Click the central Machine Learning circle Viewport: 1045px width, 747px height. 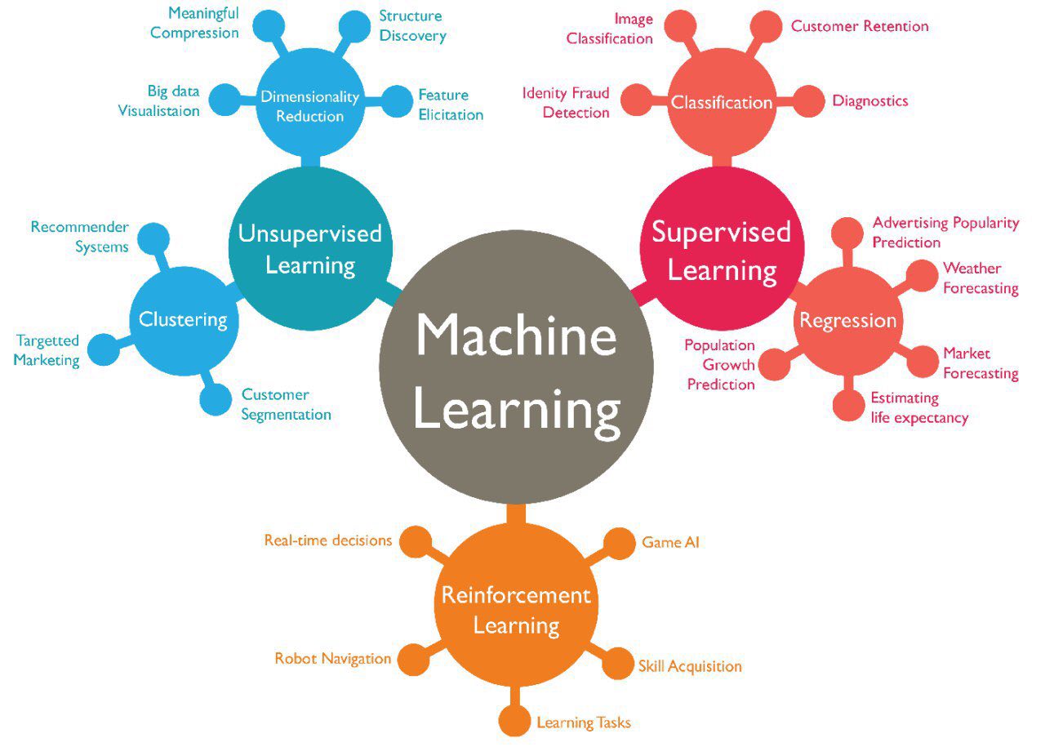pyautogui.click(x=517, y=367)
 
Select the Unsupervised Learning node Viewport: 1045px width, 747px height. pyautogui.click(x=310, y=249)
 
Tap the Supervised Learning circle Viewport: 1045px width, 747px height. pyautogui.click(x=723, y=249)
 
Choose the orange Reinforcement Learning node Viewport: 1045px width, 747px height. pyautogui.click(x=516, y=605)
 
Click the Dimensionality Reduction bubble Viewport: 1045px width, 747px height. pyautogui.click(x=310, y=102)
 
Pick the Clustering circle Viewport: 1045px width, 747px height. pyautogui.click(x=184, y=321)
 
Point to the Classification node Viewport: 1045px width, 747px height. pyautogui.click(x=723, y=102)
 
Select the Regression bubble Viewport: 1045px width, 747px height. pyautogui.click(x=848, y=321)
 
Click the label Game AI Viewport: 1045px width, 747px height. pyautogui.click(x=670, y=542)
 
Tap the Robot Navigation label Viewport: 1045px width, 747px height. pyautogui.click(x=332, y=658)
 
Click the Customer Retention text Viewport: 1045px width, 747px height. pyautogui.click(x=860, y=26)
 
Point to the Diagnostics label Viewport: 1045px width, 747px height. pyautogui.click(x=870, y=100)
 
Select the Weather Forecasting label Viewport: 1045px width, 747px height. pyautogui.click(x=981, y=278)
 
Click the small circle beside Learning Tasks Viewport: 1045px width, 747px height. pyautogui.click(x=514, y=720)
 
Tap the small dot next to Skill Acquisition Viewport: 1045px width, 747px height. pyautogui.click(x=618, y=663)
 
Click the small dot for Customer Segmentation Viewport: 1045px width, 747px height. pyautogui.click(x=216, y=399)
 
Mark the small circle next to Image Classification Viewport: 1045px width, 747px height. pyautogui.click(x=680, y=26)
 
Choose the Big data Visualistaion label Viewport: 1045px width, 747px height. pyautogui.click(x=158, y=100)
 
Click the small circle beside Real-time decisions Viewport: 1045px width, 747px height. pyautogui.click(x=416, y=542)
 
